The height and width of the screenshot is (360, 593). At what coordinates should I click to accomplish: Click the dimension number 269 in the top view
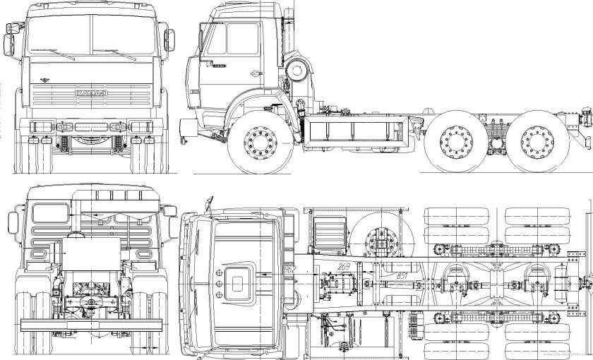pos(345,266)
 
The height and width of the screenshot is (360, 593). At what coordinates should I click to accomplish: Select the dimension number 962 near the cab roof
pos(287,269)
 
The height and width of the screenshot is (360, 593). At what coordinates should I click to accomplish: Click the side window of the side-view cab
pos(214,39)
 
